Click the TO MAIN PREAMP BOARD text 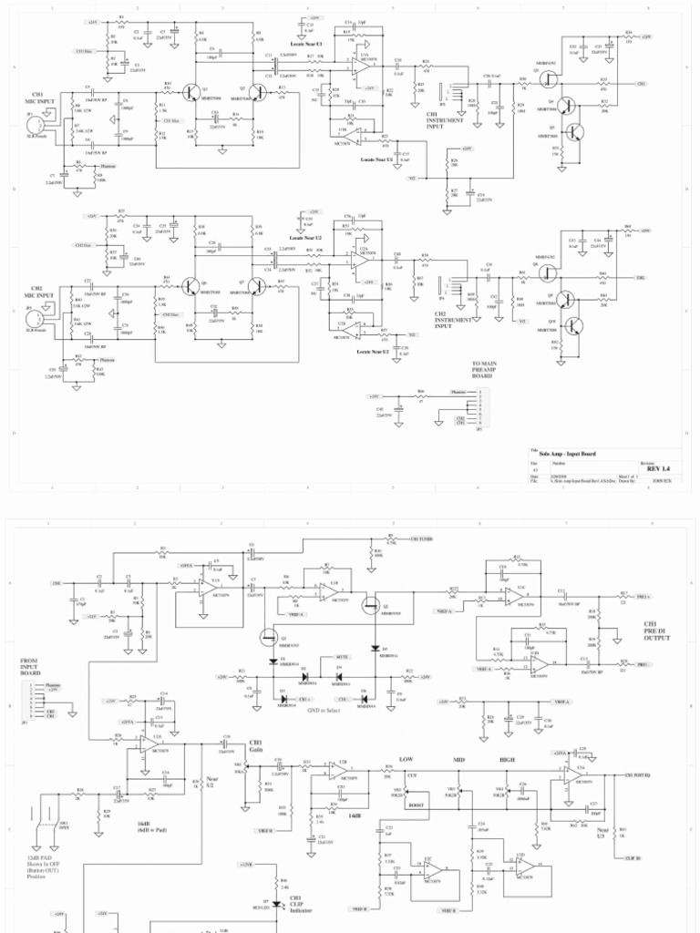483,369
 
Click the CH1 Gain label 255,746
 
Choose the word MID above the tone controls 458,759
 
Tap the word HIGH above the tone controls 507,759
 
